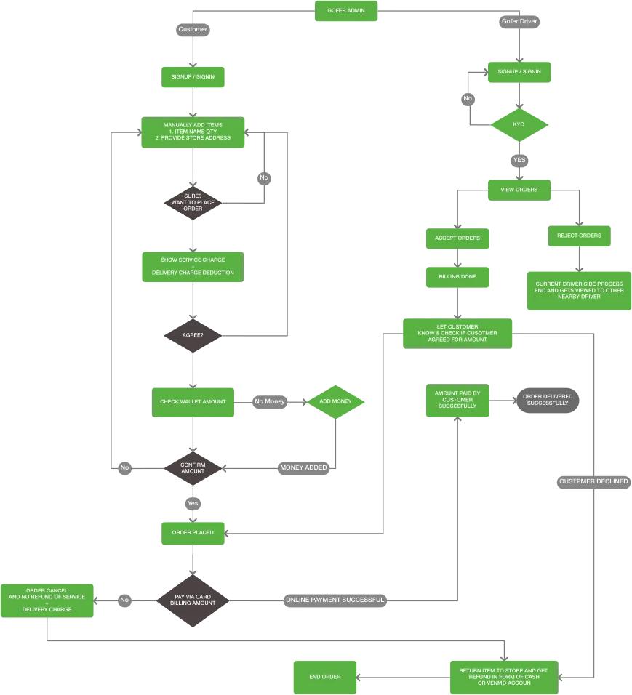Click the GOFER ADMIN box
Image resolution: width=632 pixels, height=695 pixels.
pyautogui.click(x=346, y=10)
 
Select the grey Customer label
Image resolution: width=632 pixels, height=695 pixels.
pyautogui.click(x=193, y=30)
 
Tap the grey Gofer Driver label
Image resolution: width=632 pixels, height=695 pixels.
pyautogui.click(x=519, y=22)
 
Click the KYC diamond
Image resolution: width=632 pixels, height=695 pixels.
pyautogui.click(x=519, y=125)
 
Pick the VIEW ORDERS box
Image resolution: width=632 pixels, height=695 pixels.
pyautogui.click(x=519, y=190)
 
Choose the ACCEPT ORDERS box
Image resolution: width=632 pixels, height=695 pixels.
pyautogui.click(x=457, y=238)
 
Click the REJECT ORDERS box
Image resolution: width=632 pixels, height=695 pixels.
pyautogui.click(x=579, y=236)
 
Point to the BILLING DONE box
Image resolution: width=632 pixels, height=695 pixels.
pyautogui.click(x=457, y=276)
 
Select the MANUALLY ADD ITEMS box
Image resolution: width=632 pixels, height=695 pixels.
pyautogui.click(x=195, y=132)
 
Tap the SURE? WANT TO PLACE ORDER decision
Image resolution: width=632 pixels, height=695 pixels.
pyautogui.click(x=193, y=203)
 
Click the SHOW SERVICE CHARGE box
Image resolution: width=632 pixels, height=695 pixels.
pyautogui.click(x=193, y=266)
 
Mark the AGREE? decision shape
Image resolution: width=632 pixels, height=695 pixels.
pyautogui.click(x=193, y=336)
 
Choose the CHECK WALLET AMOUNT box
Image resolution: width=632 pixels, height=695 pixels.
pyautogui.click(x=193, y=401)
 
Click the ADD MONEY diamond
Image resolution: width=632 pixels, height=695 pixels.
pyautogui.click(x=335, y=401)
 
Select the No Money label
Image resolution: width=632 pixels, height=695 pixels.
pyautogui.click(x=271, y=401)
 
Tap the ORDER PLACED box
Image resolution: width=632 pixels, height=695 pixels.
pyautogui.click(x=193, y=533)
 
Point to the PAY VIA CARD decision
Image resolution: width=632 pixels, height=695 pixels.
pyautogui.click(x=193, y=600)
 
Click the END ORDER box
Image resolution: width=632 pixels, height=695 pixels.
pyautogui.click(x=325, y=677)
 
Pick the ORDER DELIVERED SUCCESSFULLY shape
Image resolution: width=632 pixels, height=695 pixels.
pyautogui.click(x=548, y=400)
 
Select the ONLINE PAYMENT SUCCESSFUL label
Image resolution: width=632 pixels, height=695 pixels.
pyautogui.click(x=334, y=600)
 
